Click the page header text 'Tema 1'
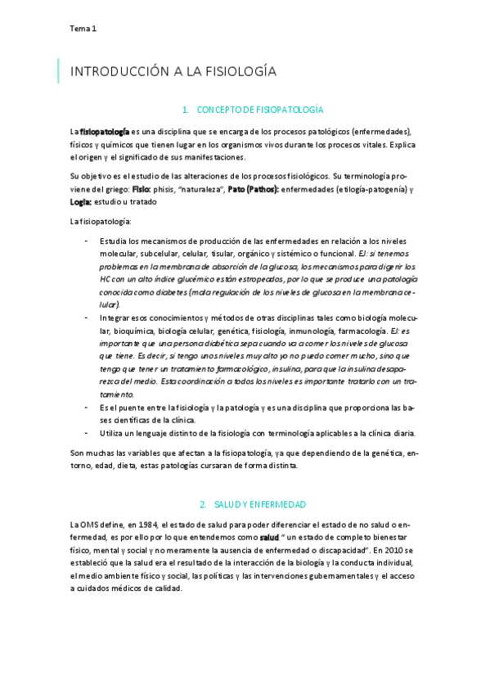[83, 29]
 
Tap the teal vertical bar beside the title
[58, 71]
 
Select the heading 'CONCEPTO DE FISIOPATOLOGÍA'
[255, 109]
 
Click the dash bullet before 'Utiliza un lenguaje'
[87, 432]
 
